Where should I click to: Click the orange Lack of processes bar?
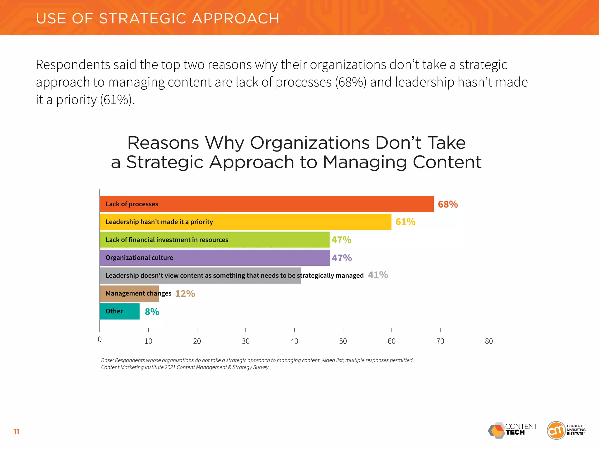(292, 204)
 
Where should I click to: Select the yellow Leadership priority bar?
(292, 222)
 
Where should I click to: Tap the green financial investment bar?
(278, 240)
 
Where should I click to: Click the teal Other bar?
(129, 311)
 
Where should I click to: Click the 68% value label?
(447, 204)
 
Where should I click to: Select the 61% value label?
(405, 222)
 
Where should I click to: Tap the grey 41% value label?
(378, 275)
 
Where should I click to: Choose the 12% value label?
(185, 293)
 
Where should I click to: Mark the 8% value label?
(152, 312)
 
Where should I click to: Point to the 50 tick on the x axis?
(343, 341)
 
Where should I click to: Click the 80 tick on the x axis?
(489, 341)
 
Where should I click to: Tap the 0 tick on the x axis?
(100, 340)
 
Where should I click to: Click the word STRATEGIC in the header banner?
(142, 18)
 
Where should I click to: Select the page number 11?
(16, 432)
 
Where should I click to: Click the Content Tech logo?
(512, 430)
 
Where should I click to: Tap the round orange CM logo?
(556, 430)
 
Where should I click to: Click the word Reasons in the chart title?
(163, 143)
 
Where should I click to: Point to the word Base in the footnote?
(107, 360)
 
